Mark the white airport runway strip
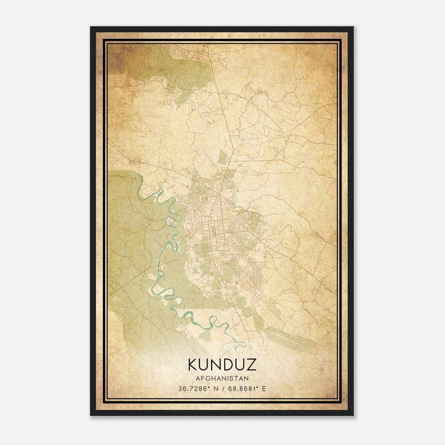coord(289,338)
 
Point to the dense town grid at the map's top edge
coord(189,50)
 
